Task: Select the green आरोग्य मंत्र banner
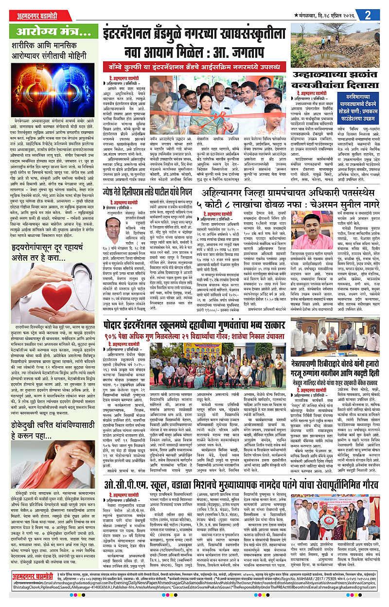(51, 33)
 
